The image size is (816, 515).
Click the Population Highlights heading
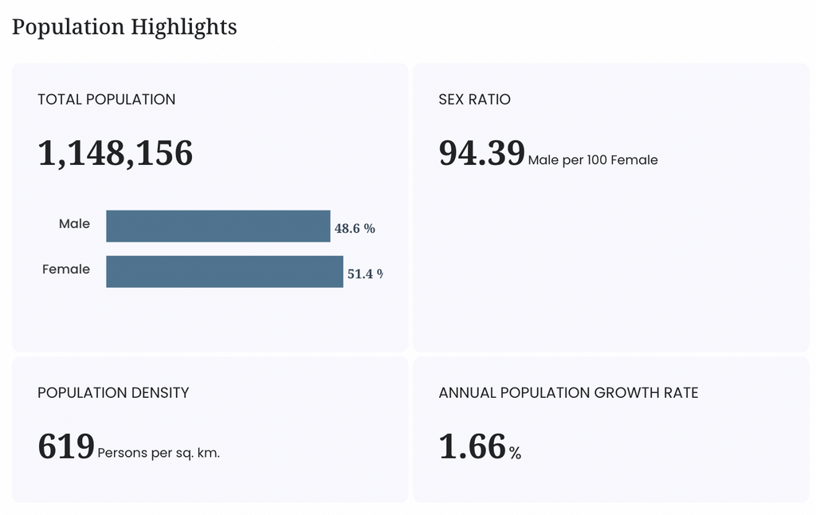124,27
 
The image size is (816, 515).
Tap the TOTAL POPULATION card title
107,100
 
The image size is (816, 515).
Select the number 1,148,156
115,154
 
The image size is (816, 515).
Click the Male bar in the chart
218,226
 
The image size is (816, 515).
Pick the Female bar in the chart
225,271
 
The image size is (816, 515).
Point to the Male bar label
74,224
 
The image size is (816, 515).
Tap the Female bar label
66,269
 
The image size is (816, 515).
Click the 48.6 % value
355,229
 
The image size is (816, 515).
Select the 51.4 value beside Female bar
360,274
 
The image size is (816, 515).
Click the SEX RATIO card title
475,100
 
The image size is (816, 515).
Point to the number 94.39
482,153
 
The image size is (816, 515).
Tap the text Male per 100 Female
593,160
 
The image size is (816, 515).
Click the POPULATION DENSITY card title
113,393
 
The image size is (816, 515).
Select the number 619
66,446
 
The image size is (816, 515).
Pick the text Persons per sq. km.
159,453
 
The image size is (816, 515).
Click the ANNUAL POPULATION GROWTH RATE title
568,393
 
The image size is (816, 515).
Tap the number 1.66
473,446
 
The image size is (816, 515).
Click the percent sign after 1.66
516,453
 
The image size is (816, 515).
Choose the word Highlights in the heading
184,27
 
